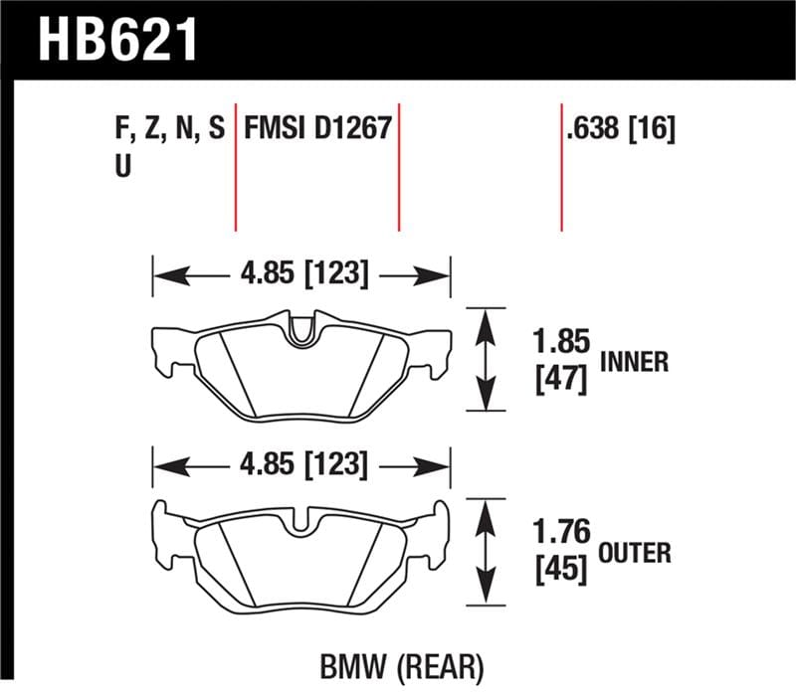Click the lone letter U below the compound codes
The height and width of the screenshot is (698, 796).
(x=123, y=166)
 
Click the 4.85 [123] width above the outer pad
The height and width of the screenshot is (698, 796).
(x=300, y=463)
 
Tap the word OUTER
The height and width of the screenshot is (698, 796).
(x=636, y=552)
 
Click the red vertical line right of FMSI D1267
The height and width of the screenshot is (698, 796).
(x=399, y=164)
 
